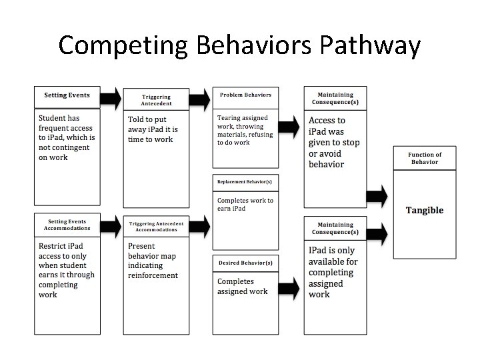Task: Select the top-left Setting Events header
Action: pyautogui.click(x=67, y=95)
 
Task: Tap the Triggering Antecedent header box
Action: pyautogui.click(x=156, y=99)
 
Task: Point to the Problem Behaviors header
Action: pyautogui.click(x=245, y=95)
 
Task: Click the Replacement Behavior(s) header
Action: pyautogui.click(x=245, y=181)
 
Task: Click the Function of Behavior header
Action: pyautogui.click(x=425, y=158)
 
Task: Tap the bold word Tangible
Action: pyautogui.click(x=425, y=210)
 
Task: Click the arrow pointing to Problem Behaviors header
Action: pyautogui.click(x=200, y=99)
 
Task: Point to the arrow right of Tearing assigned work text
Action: pyautogui.click(x=288, y=126)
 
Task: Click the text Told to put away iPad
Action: pyautogui.click(x=153, y=129)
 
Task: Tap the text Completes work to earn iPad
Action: pyautogui.click(x=245, y=204)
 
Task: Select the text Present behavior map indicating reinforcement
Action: pyautogui.click(x=153, y=260)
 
